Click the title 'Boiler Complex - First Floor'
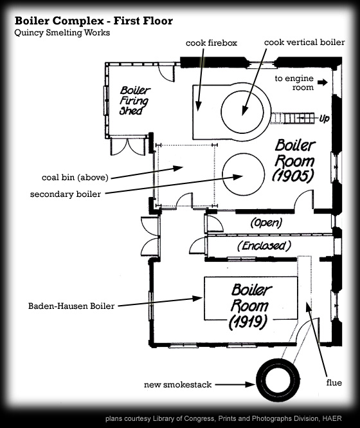point(94,21)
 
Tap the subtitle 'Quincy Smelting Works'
point(62,33)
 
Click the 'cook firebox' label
point(212,43)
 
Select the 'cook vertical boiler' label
point(304,42)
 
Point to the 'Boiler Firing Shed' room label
point(135,100)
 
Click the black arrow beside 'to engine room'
point(323,82)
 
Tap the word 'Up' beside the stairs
point(324,118)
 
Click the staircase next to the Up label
point(292,118)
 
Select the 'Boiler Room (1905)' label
point(294,160)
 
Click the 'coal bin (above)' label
point(75,178)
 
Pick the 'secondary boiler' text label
point(66,194)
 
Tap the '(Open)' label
point(266,223)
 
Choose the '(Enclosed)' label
point(264,246)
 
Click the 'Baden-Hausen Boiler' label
point(71,306)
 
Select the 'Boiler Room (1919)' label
point(250,306)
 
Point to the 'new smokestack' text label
point(177,385)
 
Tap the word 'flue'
point(334,383)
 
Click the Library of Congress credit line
point(223,418)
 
